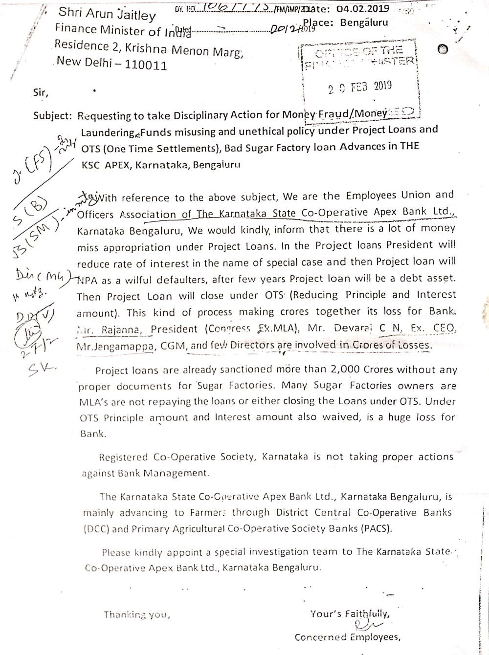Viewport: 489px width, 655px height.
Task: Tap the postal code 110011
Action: coord(146,65)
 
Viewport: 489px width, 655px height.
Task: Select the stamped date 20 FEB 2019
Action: coord(360,87)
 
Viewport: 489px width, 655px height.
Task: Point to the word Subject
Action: coord(52,116)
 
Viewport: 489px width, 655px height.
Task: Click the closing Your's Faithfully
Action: coord(350,614)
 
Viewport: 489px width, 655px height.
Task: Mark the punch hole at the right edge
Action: coord(443,49)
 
